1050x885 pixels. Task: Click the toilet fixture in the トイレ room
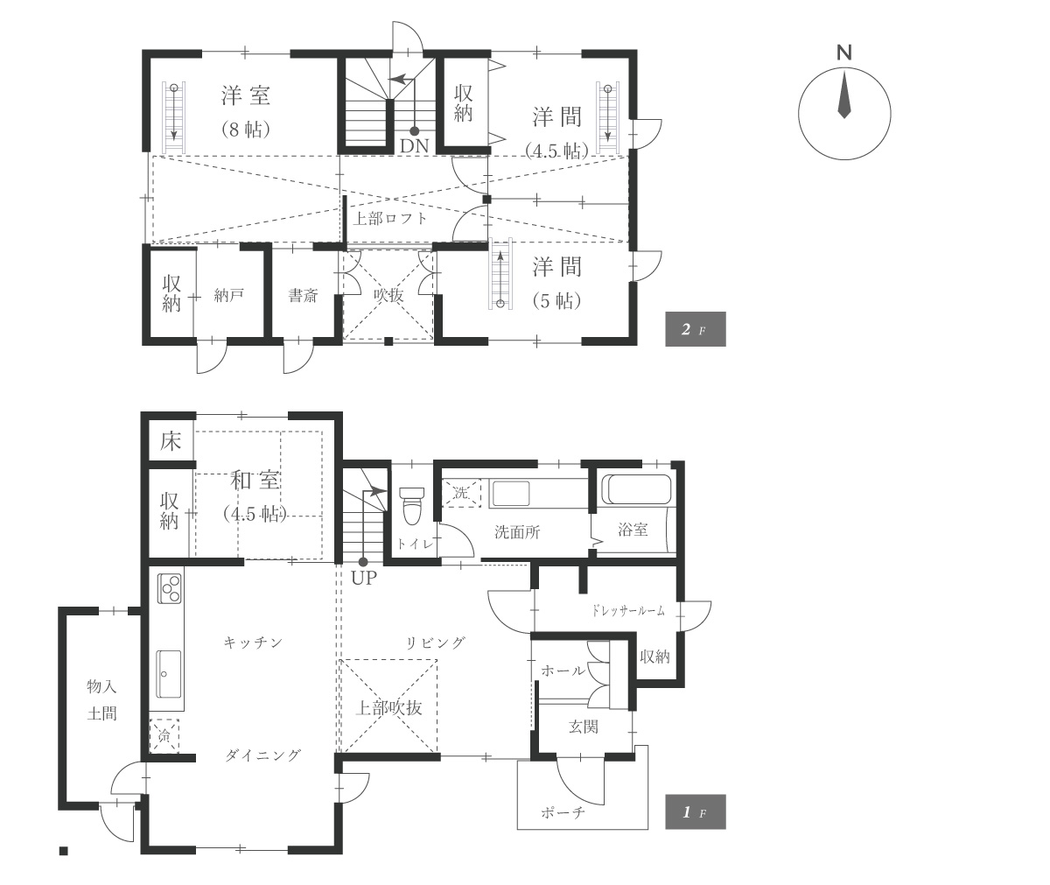click(412, 505)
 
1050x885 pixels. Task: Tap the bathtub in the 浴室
click(637, 489)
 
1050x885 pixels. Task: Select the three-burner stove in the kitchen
click(170, 588)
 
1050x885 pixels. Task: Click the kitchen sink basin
click(169, 674)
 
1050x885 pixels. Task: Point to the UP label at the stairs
click(364, 578)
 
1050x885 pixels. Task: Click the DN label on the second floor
click(415, 146)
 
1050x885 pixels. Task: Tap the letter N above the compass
click(844, 53)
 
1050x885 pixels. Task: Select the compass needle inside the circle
click(844, 95)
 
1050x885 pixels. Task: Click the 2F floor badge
click(696, 329)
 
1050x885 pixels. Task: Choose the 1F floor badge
click(696, 812)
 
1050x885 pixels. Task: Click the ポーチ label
click(563, 812)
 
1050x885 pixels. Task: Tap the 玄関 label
click(584, 727)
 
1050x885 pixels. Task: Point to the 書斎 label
click(304, 295)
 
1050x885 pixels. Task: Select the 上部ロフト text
click(389, 218)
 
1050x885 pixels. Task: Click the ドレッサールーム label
click(627, 611)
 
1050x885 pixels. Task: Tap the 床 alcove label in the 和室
click(171, 441)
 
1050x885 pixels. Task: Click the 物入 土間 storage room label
click(101, 700)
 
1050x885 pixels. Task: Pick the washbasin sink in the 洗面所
click(510, 494)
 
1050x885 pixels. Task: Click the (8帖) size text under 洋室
click(246, 130)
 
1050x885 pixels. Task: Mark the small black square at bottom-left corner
click(63, 851)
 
